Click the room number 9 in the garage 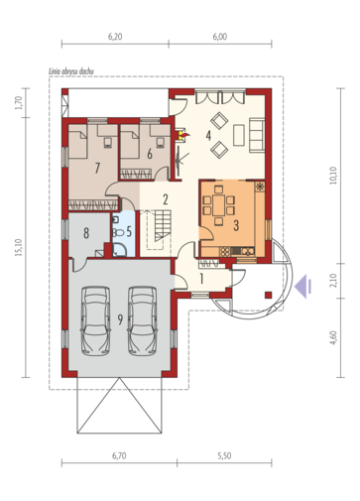point(120,319)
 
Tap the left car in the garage point(95,320)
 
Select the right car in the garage point(143,320)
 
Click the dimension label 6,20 point(115,37)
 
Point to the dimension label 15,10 point(19,247)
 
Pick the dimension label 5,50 point(224,455)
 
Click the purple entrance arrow point(303,286)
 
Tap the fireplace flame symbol point(183,134)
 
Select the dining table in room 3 point(219,205)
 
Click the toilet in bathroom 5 point(118,233)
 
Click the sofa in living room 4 point(257,135)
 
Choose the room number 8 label point(86,233)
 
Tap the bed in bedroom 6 point(129,144)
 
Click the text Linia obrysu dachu point(71,71)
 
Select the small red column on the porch point(269,295)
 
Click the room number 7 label point(97,169)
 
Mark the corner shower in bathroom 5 point(119,250)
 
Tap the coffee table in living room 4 point(239,135)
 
